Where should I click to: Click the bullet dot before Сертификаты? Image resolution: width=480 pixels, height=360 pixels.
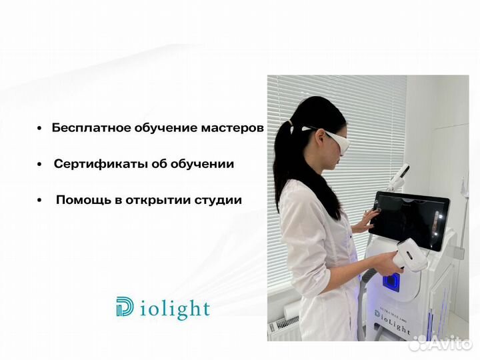40,164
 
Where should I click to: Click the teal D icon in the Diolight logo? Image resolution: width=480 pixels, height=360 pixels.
124,308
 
